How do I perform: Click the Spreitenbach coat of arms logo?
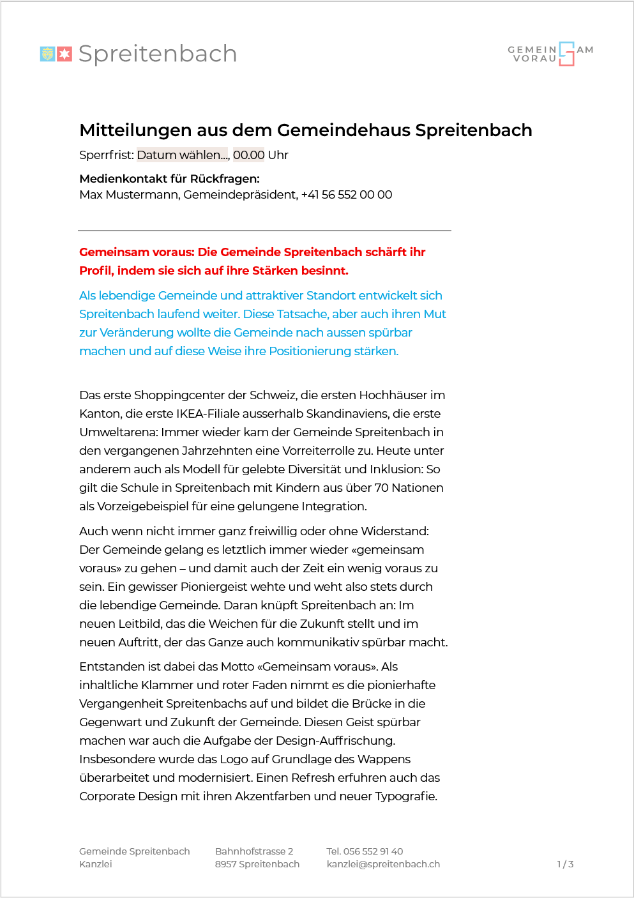[56, 54]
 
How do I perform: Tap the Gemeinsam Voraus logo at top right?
[550, 54]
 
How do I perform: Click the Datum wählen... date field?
[183, 155]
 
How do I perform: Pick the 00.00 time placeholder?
[248, 155]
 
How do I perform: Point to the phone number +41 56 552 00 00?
[347, 195]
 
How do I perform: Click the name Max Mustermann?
[129, 195]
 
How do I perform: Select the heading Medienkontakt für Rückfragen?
[169, 179]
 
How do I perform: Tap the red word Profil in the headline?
[96, 271]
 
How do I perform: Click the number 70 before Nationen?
[381, 488]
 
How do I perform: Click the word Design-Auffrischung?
[335, 741]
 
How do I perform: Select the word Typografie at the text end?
[406, 796]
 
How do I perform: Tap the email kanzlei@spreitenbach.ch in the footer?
[383, 864]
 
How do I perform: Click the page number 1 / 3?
[565, 864]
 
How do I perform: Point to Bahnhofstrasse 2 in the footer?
[254, 851]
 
